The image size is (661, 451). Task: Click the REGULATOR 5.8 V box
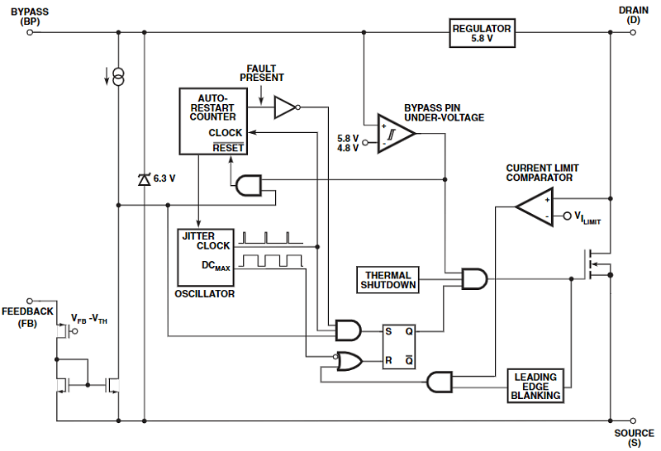point(482,33)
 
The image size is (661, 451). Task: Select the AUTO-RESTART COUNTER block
point(214,121)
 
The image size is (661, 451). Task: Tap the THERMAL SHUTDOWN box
point(388,280)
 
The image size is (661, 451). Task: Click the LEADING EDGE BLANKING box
point(535,386)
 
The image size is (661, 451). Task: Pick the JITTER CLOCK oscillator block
point(207,256)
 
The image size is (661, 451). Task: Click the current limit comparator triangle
point(535,207)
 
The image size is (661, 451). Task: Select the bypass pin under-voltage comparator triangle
point(394,131)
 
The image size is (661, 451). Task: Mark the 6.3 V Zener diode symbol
point(145,178)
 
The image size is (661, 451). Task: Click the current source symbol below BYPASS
point(118,78)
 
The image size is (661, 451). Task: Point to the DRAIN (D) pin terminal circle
point(633,33)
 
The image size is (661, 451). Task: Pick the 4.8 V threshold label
point(349,148)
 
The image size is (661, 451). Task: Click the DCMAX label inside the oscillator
point(216,267)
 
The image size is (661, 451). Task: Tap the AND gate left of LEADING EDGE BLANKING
point(440,382)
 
